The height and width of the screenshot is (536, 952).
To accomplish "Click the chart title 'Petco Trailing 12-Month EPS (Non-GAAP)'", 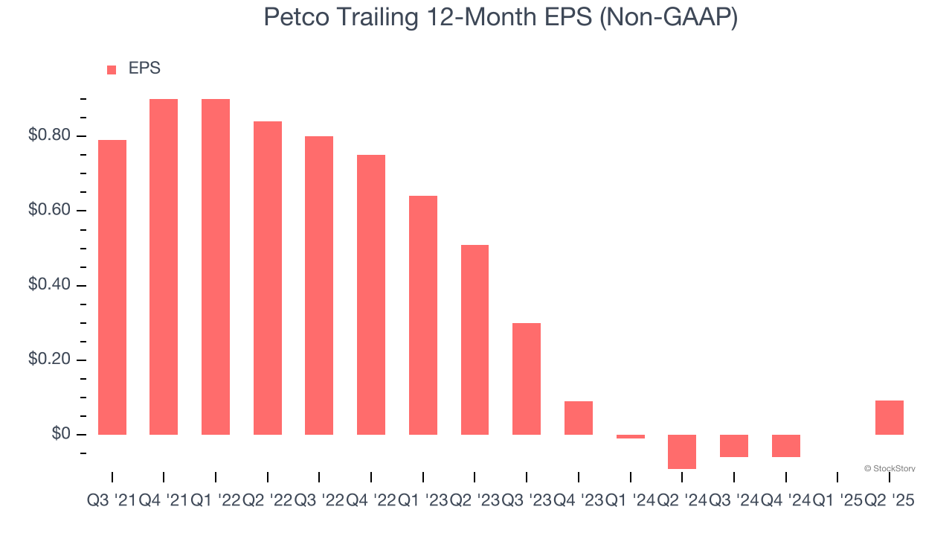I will [x=501, y=17].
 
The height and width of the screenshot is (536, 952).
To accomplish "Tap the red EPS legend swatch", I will [x=112, y=70].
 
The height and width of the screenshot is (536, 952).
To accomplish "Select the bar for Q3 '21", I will [x=112, y=287].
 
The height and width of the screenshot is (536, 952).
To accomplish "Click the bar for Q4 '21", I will [x=164, y=267].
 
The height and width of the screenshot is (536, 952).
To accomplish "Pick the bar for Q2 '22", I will [x=268, y=278].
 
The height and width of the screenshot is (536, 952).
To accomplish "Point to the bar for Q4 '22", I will [x=371, y=295].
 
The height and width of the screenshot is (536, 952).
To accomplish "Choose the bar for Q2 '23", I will [x=475, y=339].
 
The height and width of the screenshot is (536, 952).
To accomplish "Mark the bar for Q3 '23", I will [x=527, y=379].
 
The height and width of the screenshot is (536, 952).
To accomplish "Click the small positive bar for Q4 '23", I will [x=579, y=418].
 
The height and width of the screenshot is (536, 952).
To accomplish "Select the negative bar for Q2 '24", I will [x=682, y=452].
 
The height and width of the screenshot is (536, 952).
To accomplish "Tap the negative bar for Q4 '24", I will [x=785, y=446].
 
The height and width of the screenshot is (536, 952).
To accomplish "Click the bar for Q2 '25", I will [x=890, y=418].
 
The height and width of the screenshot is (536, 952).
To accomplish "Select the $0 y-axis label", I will [x=61, y=434].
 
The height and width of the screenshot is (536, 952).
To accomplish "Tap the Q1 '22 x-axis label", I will [x=216, y=501].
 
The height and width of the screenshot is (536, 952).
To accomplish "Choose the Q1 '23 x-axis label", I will [x=422, y=501].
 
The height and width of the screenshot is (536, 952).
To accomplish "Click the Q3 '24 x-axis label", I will [x=733, y=501].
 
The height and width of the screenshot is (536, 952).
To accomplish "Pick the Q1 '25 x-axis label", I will [x=837, y=501].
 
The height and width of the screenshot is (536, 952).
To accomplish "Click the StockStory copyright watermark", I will [x=890, y=468].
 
